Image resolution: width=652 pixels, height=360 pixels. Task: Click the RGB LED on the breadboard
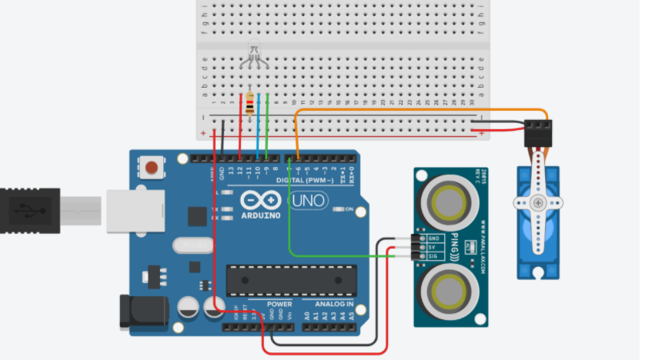[x=255, y=55]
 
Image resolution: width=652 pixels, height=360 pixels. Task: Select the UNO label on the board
[x=307, y=202]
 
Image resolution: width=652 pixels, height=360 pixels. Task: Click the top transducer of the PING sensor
[x=447, y=202]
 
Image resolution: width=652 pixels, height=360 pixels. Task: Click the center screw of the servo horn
[x=537, y=203]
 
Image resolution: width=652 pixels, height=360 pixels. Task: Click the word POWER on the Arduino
[x=279, y=305]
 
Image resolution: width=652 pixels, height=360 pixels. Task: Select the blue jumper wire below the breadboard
[x=258, y=123]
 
